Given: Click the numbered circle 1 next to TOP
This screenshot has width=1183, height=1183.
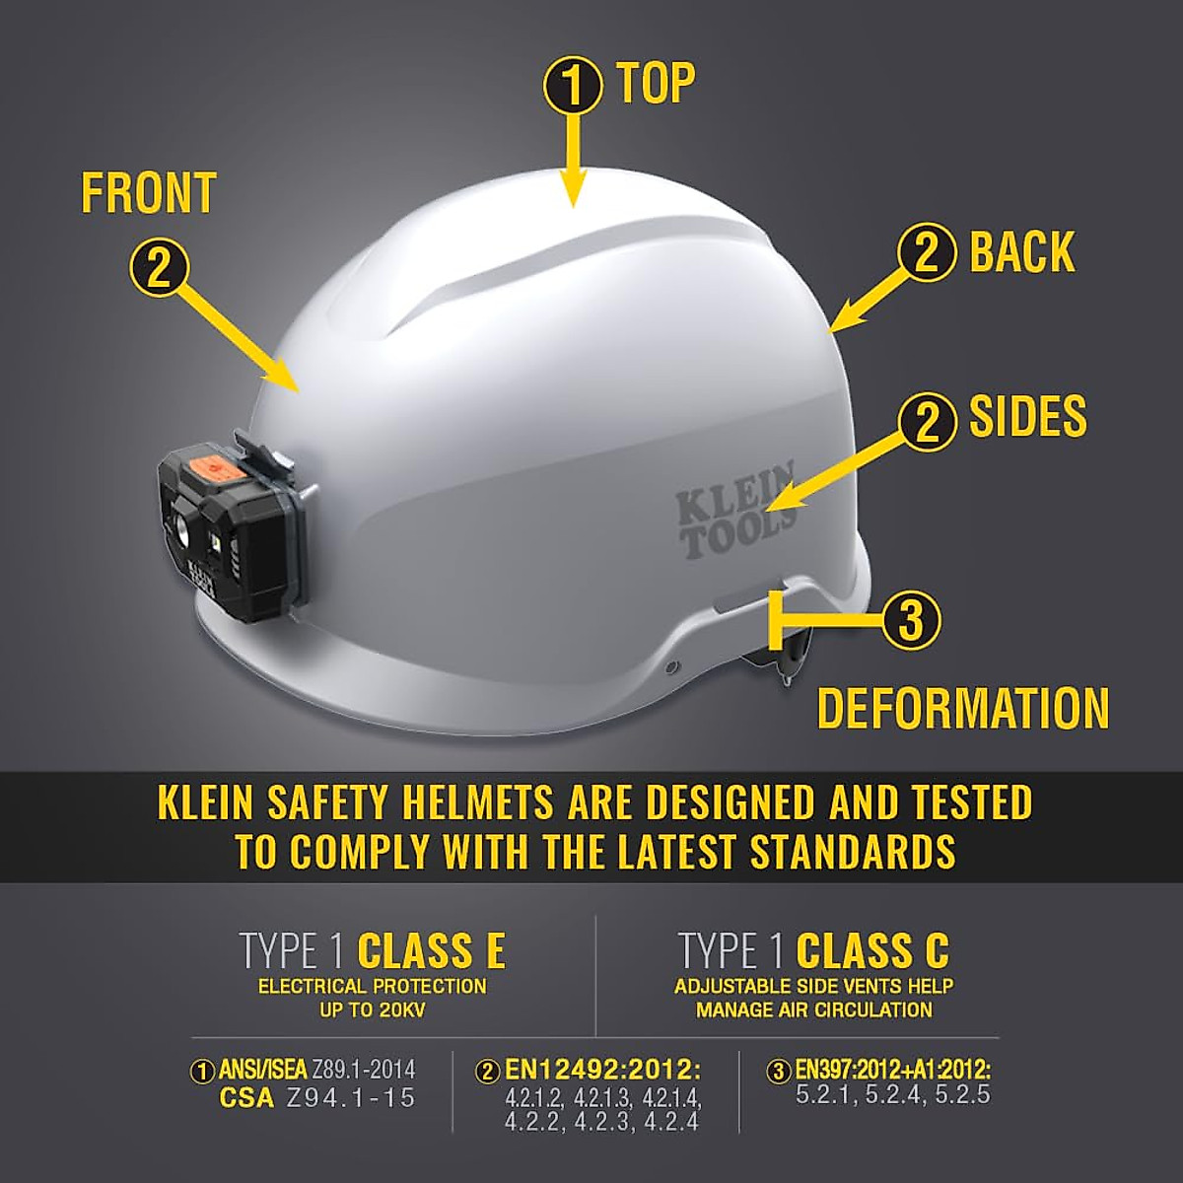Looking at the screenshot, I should click(x=573, y=86).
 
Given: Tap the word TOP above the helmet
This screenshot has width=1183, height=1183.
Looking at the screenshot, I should click(x=656, y=82).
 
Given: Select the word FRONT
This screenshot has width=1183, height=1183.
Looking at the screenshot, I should click(x=149, y=193).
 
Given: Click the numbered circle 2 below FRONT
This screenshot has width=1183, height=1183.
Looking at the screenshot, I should click(x=159, y=266).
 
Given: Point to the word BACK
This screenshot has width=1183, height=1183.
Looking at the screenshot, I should click(x=1021, y=251).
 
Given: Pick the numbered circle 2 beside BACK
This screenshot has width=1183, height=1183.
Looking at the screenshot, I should click(x=927, y=251).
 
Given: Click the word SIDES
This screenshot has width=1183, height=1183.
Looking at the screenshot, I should click(x=1027, y=416).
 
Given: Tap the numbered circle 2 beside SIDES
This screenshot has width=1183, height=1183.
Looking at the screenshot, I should click(x=927, y=421).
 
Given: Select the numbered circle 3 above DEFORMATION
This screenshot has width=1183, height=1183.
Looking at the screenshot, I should click(x=910, y=620).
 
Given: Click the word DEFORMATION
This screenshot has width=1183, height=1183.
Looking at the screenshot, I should click(x=963, y=709).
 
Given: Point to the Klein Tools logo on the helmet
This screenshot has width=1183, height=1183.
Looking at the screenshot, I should click(x=735, y=511).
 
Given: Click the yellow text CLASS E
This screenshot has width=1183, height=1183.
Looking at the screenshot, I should click(x=431, y=951).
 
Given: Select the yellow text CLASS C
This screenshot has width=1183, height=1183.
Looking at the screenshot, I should click(x=872, y=951).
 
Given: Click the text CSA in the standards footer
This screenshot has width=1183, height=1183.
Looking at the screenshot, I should click(x=246, y=1098).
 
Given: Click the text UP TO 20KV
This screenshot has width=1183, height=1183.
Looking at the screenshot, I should click(x=372, y=1009).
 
